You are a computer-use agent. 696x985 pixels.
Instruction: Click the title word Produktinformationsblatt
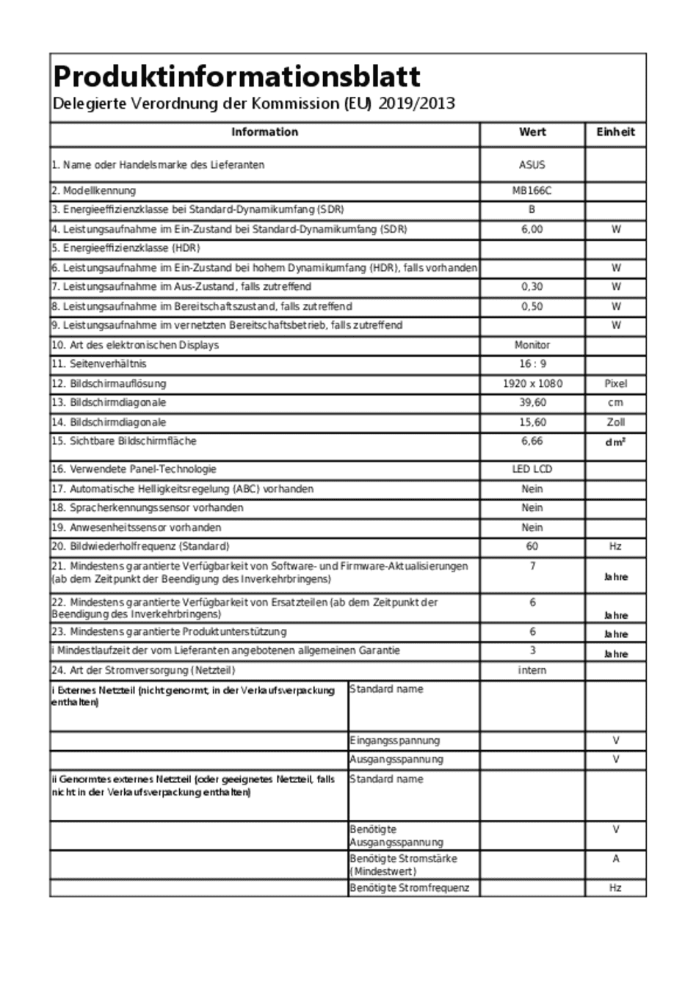[236, 76]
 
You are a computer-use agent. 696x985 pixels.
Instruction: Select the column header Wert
[532, 132]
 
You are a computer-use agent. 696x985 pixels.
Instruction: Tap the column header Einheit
[615, 132]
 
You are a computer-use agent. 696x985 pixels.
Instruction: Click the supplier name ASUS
[532, 165]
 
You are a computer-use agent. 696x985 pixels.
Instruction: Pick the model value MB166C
[532, 191]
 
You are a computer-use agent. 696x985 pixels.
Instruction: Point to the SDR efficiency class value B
[532, 209]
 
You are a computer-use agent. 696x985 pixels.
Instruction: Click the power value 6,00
[532, 229]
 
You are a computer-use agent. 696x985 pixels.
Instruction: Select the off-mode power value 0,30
[532, 287]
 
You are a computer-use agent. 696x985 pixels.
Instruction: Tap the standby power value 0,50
[532, 307]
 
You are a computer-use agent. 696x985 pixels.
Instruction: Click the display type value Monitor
[532, 345]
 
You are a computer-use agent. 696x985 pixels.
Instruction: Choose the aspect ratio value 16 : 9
[532, 364]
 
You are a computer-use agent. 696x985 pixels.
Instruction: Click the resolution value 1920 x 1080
[532, 384]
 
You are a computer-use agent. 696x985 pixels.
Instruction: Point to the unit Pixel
[615, 384]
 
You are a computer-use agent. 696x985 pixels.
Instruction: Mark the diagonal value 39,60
[532, 403]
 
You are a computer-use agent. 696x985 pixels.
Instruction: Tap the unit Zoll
[615, 422]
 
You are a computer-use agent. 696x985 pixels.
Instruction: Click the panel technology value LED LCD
[532, 469]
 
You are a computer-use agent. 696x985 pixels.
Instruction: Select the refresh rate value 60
[532, 546]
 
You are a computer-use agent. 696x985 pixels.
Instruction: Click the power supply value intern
[532, 670]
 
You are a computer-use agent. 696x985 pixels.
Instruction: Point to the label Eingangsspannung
[395, 741]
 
